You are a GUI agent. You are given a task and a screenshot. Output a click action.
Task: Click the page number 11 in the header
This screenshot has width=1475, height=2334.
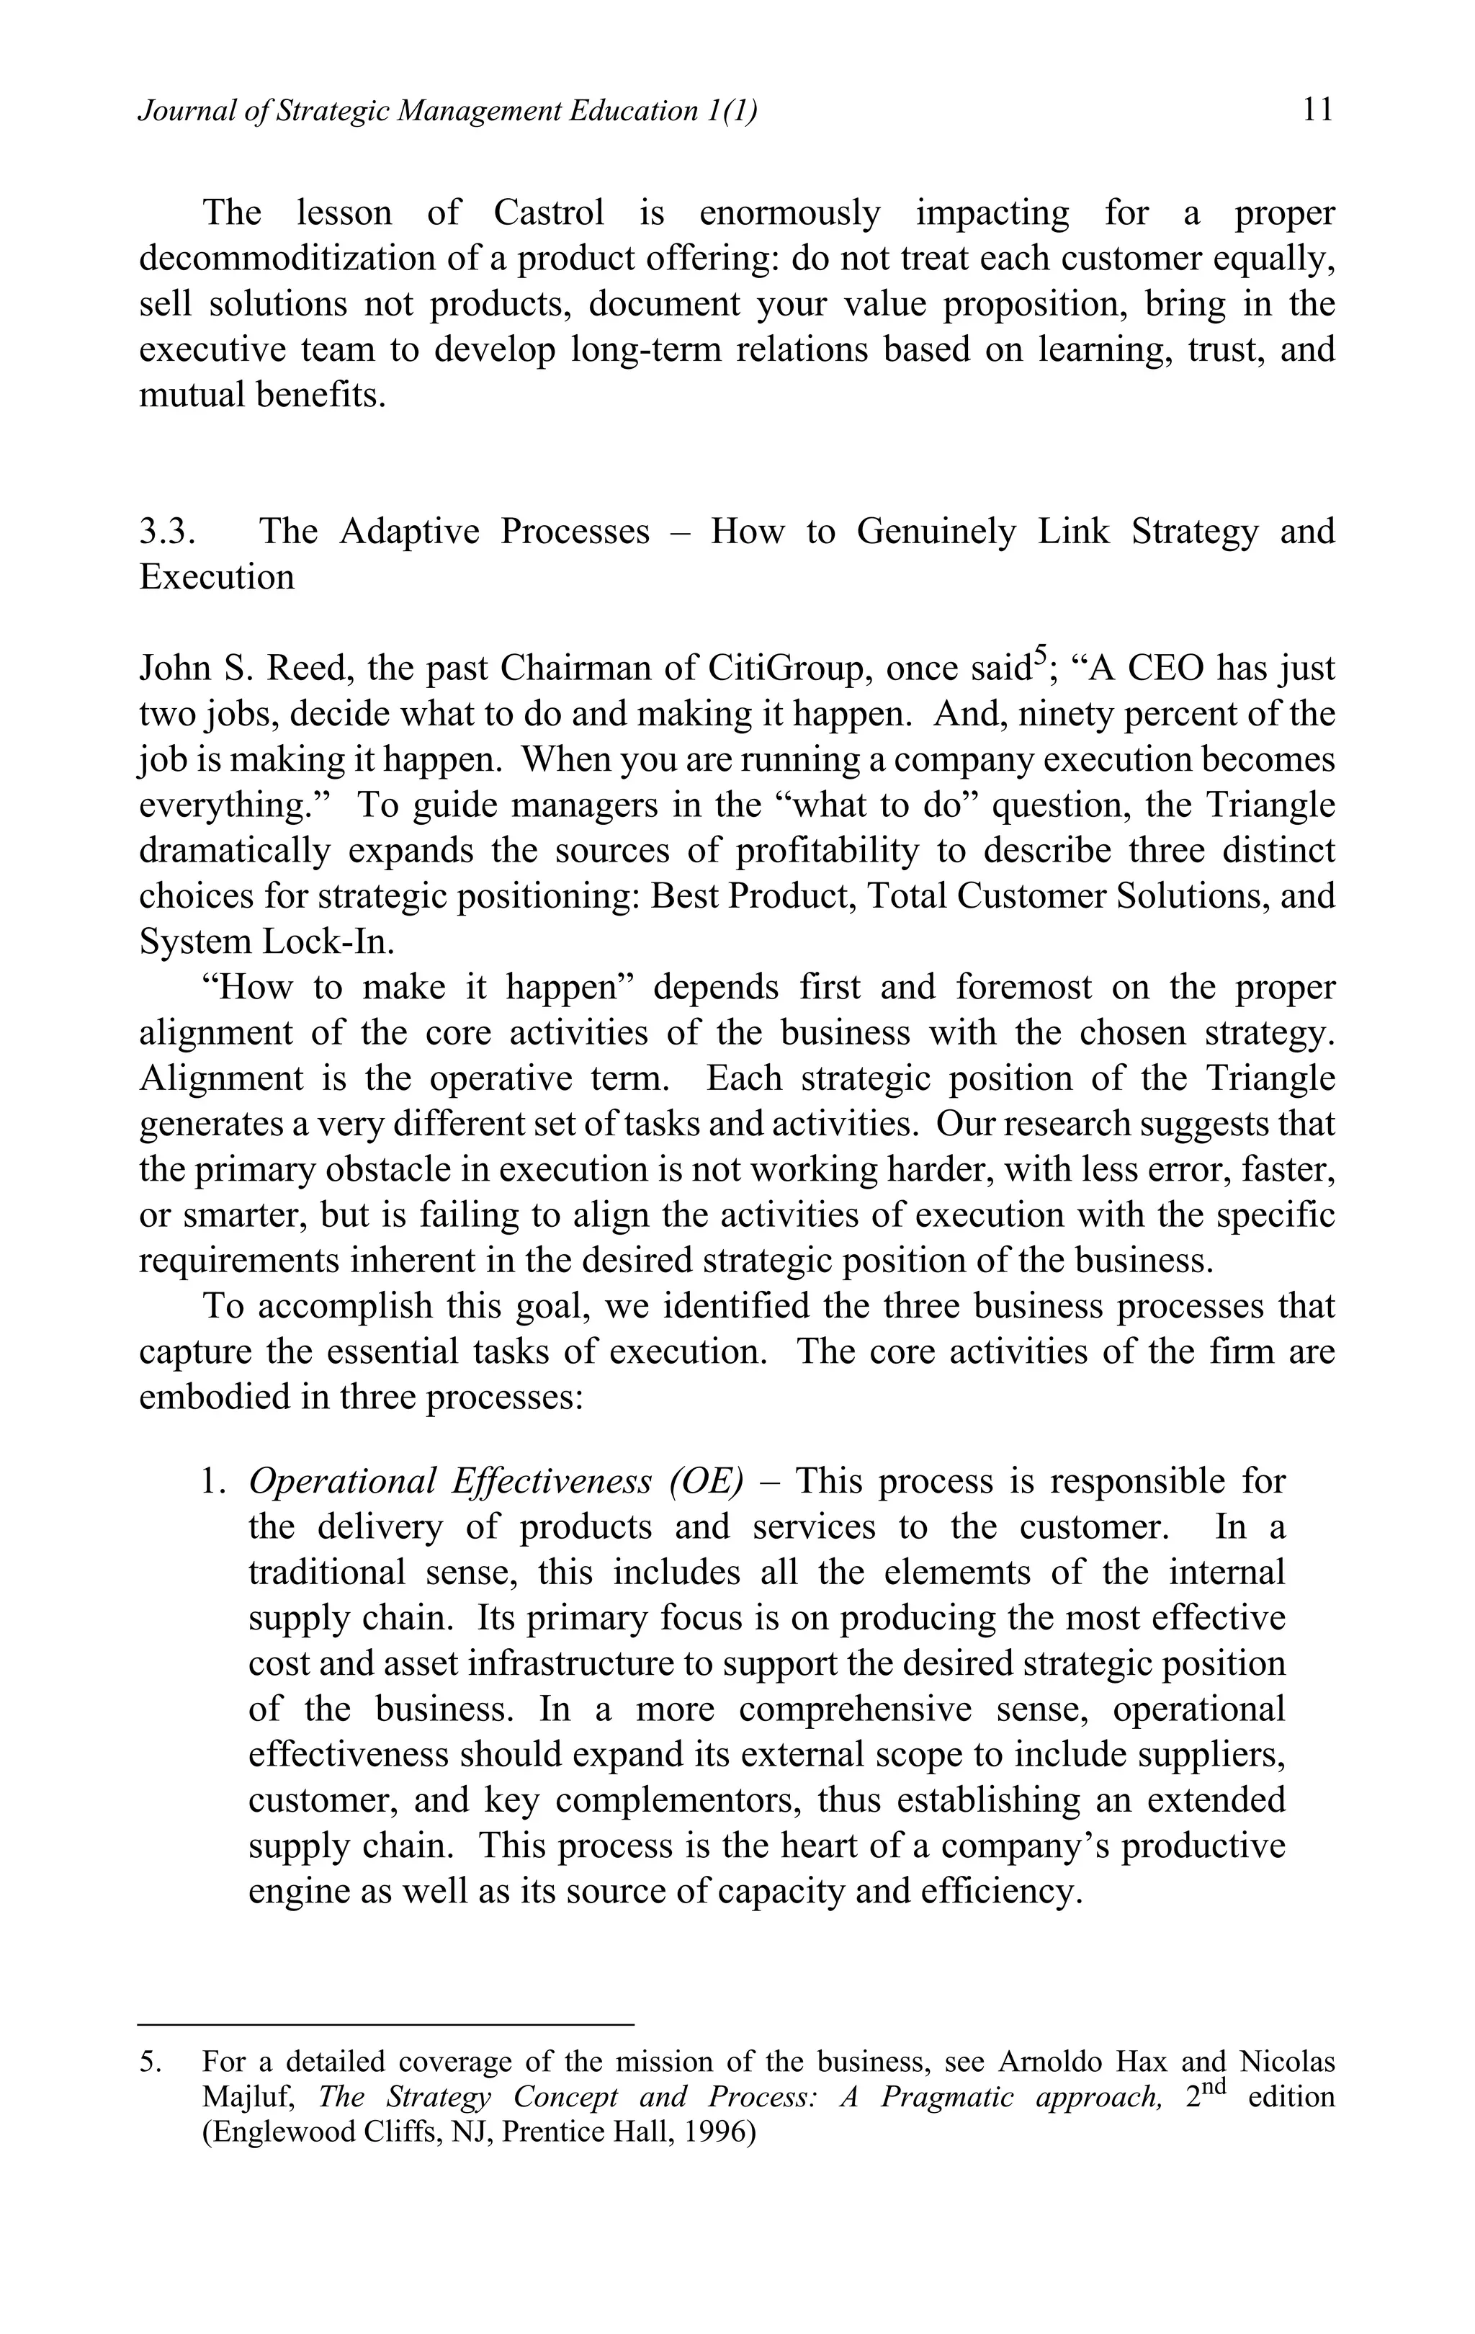click(1317, 110)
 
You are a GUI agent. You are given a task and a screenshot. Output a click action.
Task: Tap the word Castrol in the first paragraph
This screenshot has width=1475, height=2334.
click(549, 213)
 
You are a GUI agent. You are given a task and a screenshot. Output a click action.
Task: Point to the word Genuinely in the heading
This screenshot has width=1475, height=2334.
click(936, 531)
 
